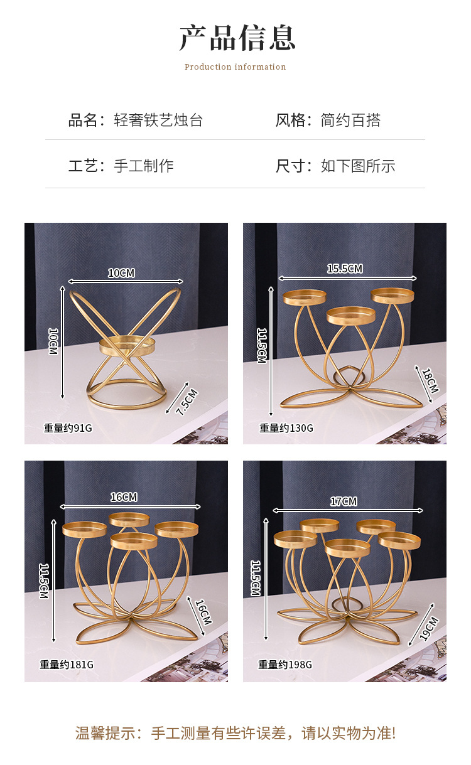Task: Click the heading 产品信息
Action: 237,38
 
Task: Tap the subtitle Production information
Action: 235,67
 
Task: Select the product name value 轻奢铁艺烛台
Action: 158,120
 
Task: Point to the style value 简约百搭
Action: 350,120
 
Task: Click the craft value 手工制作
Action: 144,166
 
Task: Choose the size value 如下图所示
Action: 358,166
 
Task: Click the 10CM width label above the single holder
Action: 121,273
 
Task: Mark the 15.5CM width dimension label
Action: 345,269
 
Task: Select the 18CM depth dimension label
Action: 430,381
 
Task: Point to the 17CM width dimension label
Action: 344,501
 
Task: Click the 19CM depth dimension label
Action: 429,628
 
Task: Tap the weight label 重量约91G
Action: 68,428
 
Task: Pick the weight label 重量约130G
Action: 286,428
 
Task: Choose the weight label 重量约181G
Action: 67,664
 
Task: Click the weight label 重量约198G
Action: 285,664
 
